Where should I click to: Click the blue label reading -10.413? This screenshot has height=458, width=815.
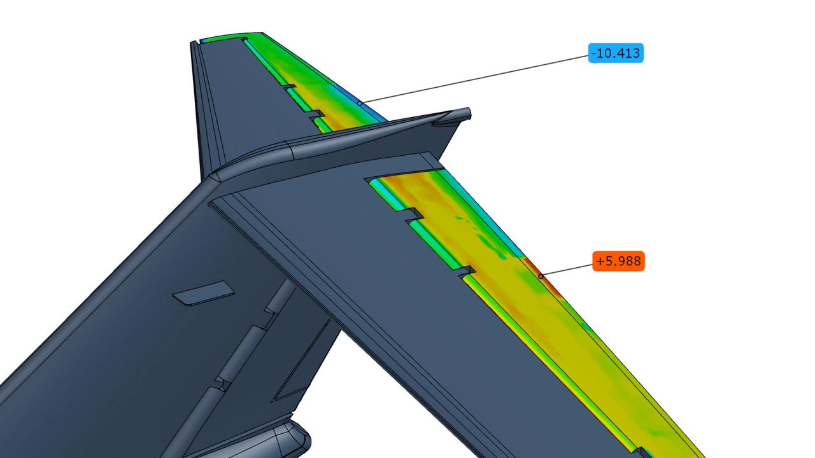[616, 53]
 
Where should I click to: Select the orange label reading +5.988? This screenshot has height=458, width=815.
[618, 261]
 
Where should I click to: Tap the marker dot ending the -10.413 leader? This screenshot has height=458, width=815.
[360, 102]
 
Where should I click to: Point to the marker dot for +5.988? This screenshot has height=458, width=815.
[541, 276]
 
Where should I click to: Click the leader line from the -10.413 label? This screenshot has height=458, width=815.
[474, 78]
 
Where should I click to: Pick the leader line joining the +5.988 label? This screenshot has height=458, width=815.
[567, 269]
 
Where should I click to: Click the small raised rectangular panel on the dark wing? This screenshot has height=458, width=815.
[204, 293]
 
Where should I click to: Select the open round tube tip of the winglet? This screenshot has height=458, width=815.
[467, 113]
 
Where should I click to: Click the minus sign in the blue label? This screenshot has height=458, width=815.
[594, 53]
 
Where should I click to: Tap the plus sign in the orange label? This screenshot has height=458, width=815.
[600, 261]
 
